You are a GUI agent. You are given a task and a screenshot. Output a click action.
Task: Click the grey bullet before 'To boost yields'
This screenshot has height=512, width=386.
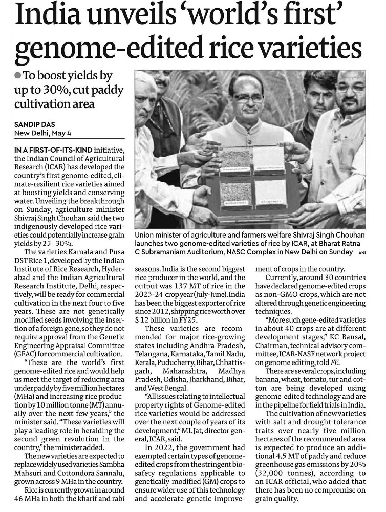click(18, 75)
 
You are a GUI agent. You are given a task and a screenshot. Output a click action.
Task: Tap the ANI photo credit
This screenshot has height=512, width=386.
click(362, 252)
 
